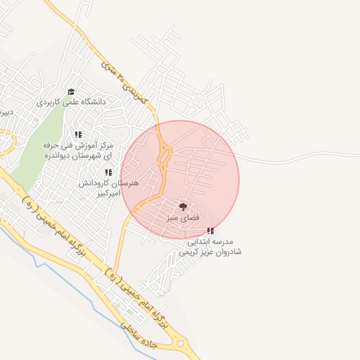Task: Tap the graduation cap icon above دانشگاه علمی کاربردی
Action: [71, 91]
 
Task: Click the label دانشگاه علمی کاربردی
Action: [72, 102]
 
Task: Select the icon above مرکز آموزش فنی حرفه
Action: [79, 134]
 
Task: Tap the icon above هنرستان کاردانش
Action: [108, 172]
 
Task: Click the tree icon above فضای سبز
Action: [183, 207]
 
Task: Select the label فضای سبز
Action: [183, 218]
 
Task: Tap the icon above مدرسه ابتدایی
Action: [210, 230]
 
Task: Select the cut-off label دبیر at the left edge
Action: [6, 112]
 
